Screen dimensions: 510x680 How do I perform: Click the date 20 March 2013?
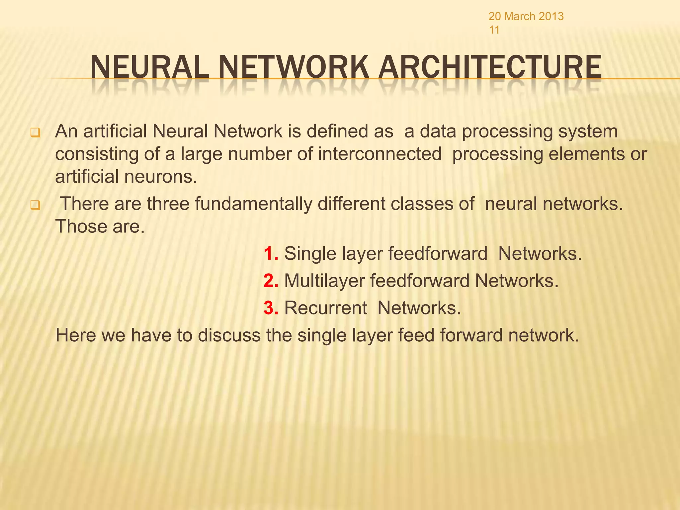point(526,16)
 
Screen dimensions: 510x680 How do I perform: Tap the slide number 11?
point(494,30)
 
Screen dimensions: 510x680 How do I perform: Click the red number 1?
point(270,254)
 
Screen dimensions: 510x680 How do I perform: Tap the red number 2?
point(270,281)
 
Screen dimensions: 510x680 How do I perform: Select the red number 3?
point(270,308)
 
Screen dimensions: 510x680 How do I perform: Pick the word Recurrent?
point(325,308)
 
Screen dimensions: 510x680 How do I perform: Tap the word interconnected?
point(380,154)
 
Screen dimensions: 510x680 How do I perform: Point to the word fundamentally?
point(253,204)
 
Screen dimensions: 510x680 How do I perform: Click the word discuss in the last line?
point(229,335)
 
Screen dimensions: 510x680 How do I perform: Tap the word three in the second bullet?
point(168,204)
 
